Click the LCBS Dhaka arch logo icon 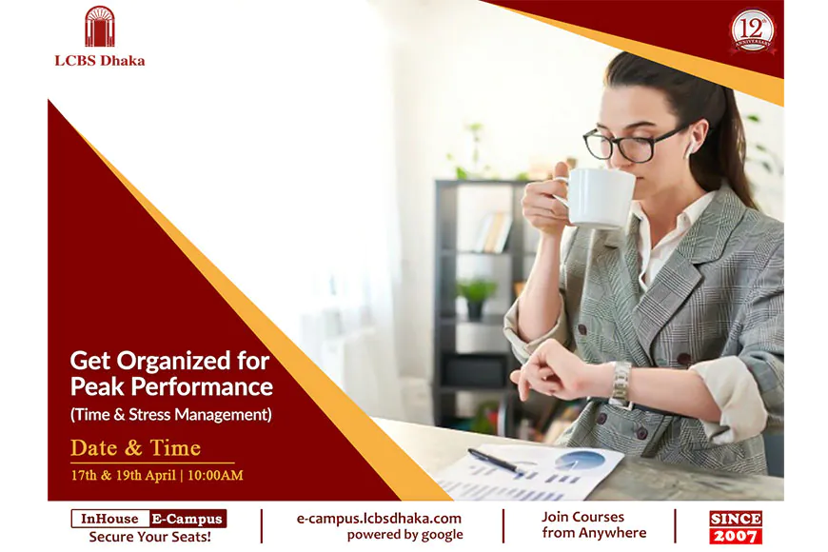tap(99, 27)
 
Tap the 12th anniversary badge tap(753, 31)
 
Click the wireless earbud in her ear tap(690, 147)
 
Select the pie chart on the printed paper tap(580, 460)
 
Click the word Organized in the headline tap(173, 362)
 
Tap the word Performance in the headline tap(202, 386)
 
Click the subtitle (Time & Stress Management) tap(171, 414)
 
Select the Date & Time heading tap(136, 448)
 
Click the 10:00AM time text tap(215, 476)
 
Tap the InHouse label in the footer tap(109, 519)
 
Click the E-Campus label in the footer tap(187, 519)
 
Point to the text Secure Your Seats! tap(150, 537)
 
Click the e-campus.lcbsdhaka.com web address tap(379, 518)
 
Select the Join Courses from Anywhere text tap(594, 524)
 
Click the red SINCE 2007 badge tap(736, 527)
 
